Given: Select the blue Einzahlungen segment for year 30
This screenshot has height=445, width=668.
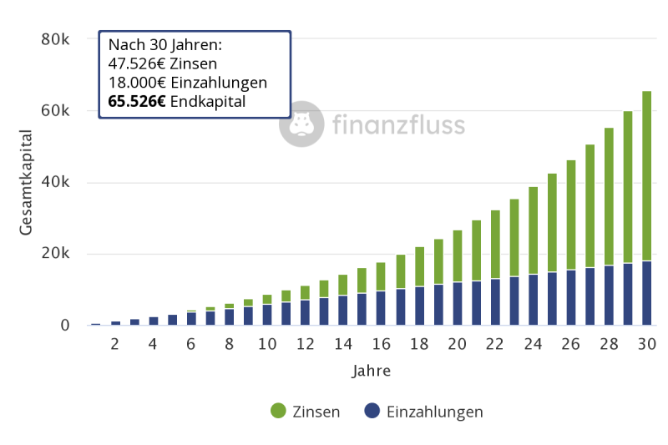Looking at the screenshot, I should pos(646,293).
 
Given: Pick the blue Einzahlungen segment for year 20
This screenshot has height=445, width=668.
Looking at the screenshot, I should pos(458,303).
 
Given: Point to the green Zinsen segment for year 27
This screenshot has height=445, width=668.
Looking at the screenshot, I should pos(590,205).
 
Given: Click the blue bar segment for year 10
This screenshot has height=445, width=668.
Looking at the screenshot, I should pos(267,314).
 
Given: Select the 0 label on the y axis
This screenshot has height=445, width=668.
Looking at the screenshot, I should pos(64,326).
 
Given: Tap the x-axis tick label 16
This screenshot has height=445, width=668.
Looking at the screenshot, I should pos(381,344).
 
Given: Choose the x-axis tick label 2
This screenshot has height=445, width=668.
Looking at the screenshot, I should pos(115,344).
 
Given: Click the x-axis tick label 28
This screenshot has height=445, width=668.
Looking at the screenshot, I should pos(608,344).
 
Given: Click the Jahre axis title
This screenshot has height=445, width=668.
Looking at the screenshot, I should pos(371,370).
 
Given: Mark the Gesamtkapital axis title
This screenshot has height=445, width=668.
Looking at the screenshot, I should pos(26,182).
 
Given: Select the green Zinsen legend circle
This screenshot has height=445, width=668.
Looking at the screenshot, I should pos(278,411).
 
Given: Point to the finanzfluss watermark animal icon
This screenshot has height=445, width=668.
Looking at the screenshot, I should pos(301,124).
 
